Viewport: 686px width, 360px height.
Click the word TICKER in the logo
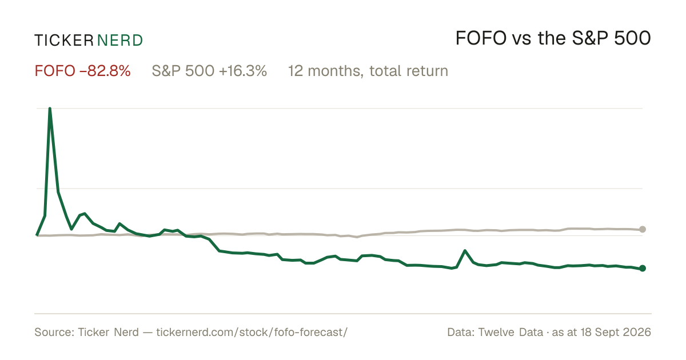click(64, 41)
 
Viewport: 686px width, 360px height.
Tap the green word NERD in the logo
click(119, 41)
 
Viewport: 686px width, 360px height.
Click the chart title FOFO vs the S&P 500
click(553, 38)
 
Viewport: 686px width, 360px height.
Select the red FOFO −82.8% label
click(83, 71)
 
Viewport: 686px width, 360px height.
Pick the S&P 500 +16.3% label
click(209, 71)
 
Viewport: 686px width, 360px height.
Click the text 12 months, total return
click(368, 71)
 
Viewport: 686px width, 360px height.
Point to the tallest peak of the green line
click(50, 109)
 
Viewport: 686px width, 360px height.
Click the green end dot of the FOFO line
click(643, 268)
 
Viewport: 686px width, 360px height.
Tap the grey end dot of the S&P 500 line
click(643, 229)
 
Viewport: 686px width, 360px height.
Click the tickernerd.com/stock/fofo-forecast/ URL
click(252, 332)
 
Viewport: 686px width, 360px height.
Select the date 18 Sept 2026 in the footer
click(616, 332)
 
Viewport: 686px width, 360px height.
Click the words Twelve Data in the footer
click(510, 332)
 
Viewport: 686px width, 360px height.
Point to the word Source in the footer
click(53, 332)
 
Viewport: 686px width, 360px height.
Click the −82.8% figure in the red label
click(105, 71)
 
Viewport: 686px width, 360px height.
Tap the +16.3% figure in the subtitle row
click(243, 71)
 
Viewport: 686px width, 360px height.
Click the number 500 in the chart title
click(632, 38)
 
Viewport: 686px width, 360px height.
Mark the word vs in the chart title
click(522, 40)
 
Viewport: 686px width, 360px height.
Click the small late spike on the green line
click(465, 251)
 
